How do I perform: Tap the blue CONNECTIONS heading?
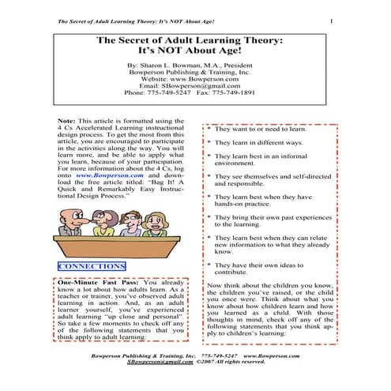point(92,267)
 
